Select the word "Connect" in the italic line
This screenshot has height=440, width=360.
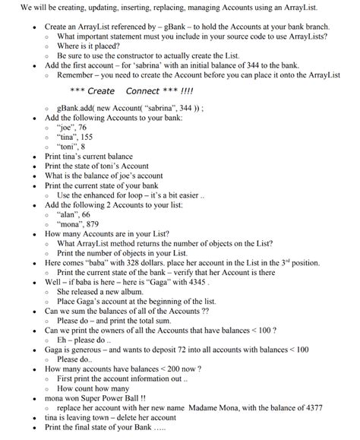tap(142, 91)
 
